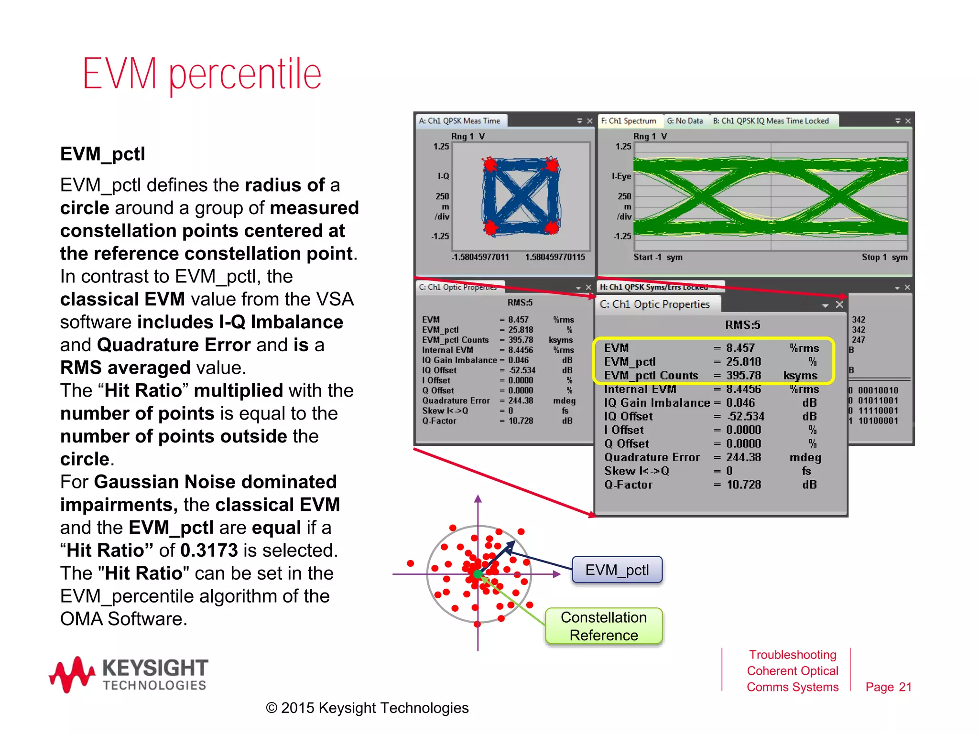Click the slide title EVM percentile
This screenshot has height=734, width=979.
click(x=202, y=74)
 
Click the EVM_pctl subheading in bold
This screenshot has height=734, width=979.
click(x=102, y=154)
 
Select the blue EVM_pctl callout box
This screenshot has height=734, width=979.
click(x=617, y=570)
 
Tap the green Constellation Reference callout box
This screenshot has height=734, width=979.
click(x=603, y=626)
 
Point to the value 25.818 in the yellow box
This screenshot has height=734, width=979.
click(x=743, y=362)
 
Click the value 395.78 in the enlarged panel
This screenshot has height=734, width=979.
click(x=743, y=376)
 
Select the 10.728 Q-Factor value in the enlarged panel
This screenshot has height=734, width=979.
click(x=743, y=485)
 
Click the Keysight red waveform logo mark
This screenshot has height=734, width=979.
click(x=72, y=674)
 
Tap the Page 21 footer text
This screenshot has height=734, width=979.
click(x=888, y=687)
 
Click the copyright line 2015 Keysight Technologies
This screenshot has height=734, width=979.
click(x=367, y=708)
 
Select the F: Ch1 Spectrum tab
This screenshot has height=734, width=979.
click(x=628, y=121)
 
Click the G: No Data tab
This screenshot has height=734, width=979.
click(x=685, y=121)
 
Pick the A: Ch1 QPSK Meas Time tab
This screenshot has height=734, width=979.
click(x=459, y=121)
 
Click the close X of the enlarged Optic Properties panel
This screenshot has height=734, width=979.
click(x=839, y=304)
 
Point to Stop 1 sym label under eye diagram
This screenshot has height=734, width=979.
click(x=884, y=257)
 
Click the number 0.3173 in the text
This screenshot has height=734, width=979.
click(x=209, y=550)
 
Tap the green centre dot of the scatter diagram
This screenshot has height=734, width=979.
click(x=478, y=574)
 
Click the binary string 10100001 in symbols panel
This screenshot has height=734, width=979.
click(x=878, y=421)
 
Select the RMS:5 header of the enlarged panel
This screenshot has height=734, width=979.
click(x=742, y=325)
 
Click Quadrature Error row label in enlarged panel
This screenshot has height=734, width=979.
click(x=652, y=457)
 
